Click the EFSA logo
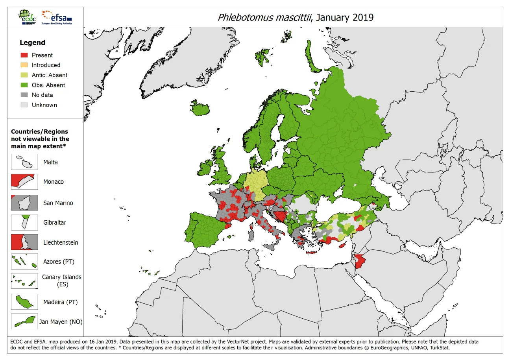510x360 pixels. pyautogui.click(x=57, y=17)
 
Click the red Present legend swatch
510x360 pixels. pyautogui.click(x=24, y=55)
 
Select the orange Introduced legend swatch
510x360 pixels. pyautogui.click(x=24, y=65)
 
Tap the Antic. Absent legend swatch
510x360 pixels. pyautogui.click(x=24, y=75)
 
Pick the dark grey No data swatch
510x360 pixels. pyautogui.click(x=24, y=95)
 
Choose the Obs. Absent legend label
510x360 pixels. pyautogui.click(x=48, y=85)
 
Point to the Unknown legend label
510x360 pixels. pyautogui.click(x=44, y=105)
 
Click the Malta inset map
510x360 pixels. pyautogui.click(x=24, y=162)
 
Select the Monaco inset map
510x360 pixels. pyautogui.click(x=24, y=182)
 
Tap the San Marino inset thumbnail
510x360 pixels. pyautogui.click(x=24, y=203)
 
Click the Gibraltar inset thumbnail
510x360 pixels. pyautogui.click(x=24, y=222)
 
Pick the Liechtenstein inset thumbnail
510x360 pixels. pyautogui.click(x=24, y=242)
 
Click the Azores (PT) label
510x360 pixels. pyautogui.click(x=59, y=262)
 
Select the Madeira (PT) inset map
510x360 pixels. pyautogui.click(x=24, y=302)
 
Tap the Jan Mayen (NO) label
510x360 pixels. pyautogui.click(x=61, y=322)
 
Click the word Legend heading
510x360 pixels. pyautogui.click(x=33, y=42)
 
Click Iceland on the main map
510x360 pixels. pyautogui.click(x=200, y=108)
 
